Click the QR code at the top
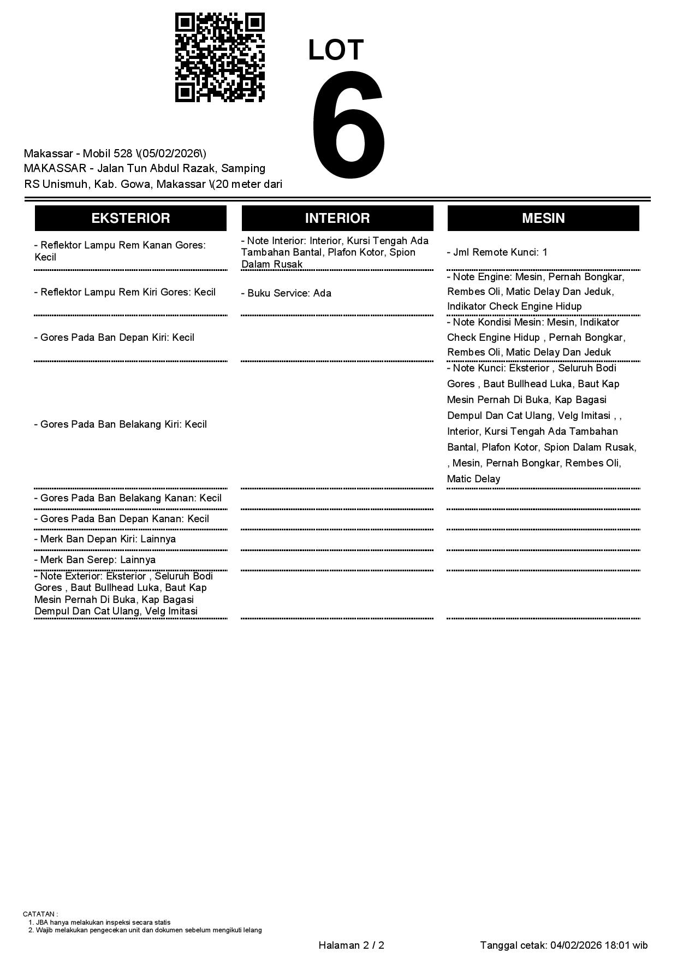219,57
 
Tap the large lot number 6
348,125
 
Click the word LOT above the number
336,50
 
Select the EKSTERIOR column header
130,218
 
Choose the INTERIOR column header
337,218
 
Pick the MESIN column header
543,218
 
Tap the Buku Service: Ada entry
286,293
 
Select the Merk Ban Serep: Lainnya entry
95,560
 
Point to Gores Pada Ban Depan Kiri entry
114,338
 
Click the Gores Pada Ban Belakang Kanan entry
128,498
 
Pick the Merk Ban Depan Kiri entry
105,539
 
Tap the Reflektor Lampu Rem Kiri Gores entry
125,292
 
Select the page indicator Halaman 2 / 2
351,945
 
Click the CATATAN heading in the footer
40,914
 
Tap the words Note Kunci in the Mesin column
478,368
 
